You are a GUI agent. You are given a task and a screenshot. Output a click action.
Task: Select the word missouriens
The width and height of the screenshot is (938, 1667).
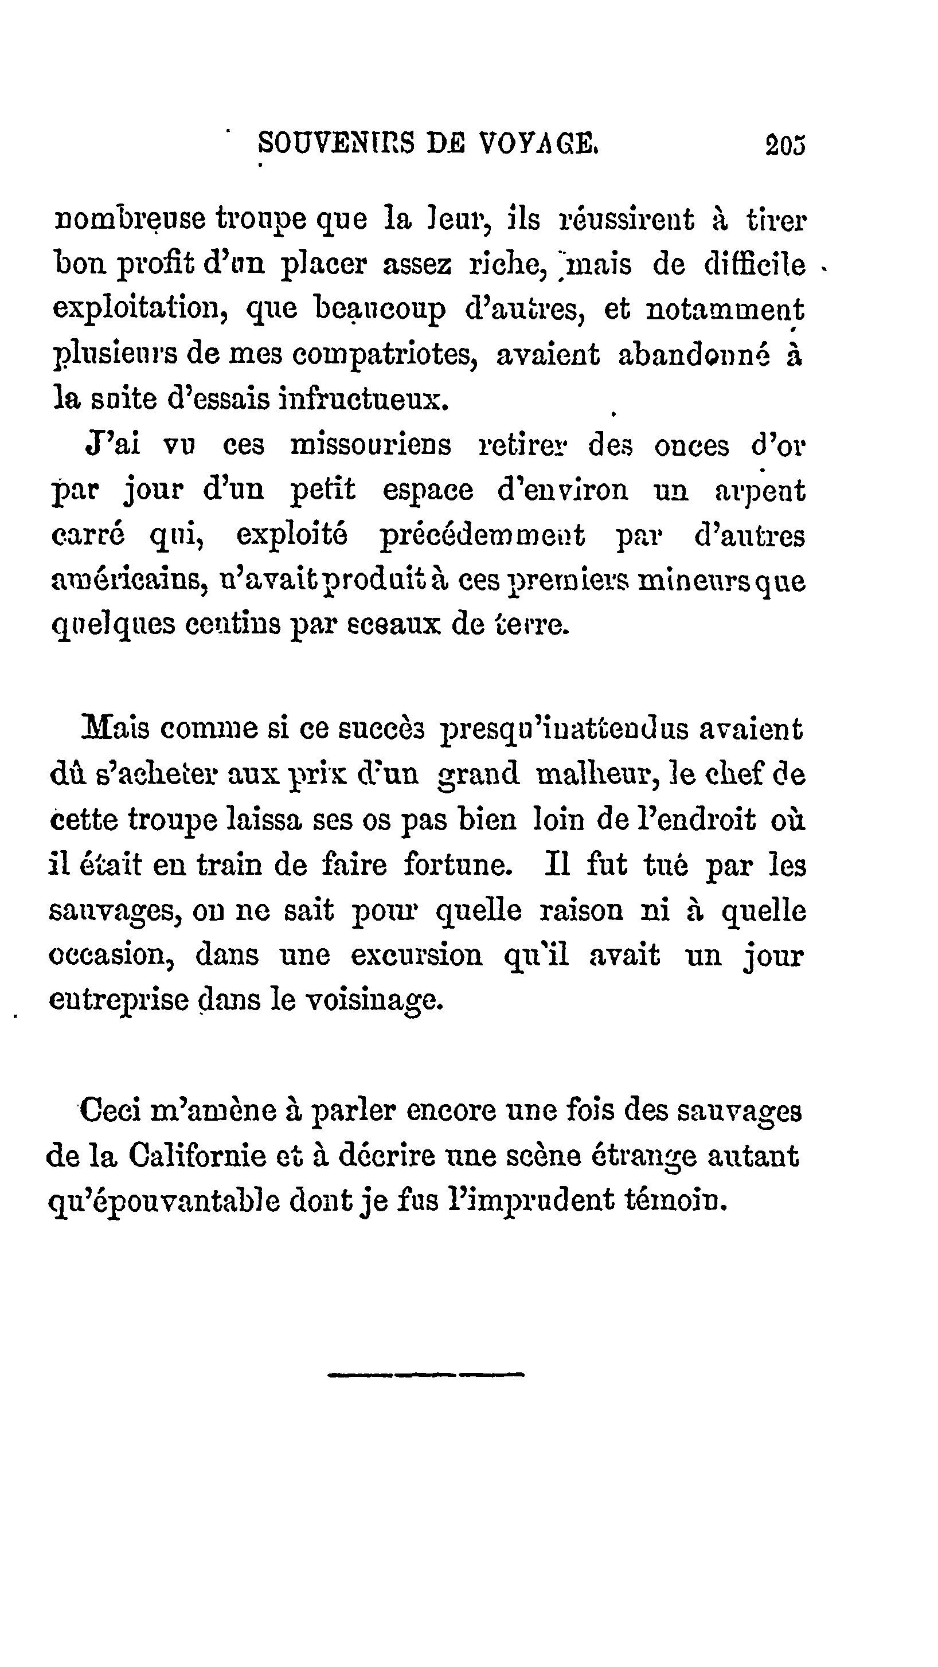click(370, 446)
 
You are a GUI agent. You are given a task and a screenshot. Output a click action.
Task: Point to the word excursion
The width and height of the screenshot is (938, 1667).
click(417, 955)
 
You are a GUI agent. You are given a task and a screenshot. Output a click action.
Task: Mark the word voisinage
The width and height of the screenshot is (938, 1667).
click(374, 1001)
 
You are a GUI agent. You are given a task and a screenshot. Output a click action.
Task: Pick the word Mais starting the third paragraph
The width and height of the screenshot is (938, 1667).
click(115, 729)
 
